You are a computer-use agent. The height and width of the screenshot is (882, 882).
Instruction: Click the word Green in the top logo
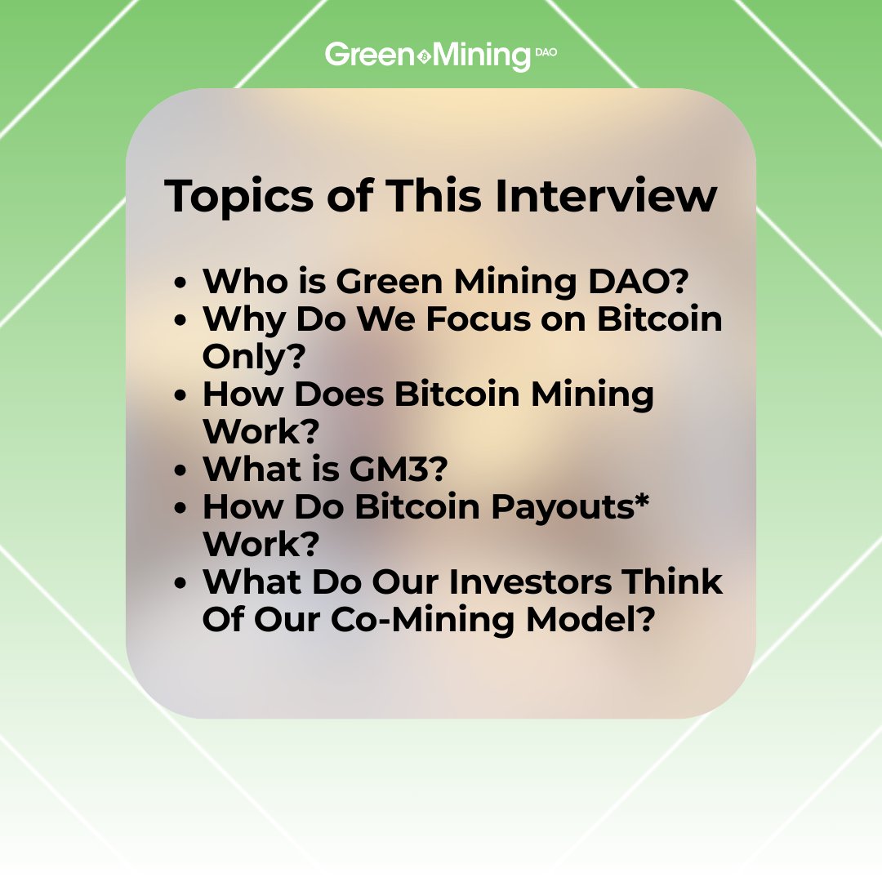click(370, 56)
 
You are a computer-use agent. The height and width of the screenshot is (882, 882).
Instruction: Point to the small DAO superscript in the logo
click(546, 50)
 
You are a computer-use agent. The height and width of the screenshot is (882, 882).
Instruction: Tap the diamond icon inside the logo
click(423, 56)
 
